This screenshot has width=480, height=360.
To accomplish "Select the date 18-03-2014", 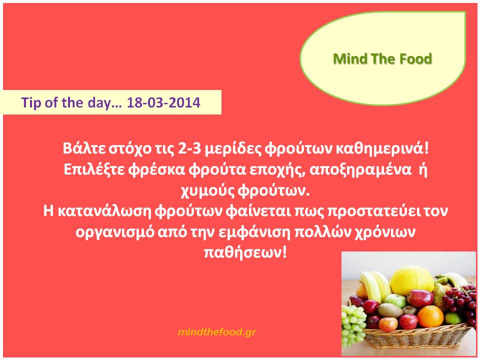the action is (163, 102).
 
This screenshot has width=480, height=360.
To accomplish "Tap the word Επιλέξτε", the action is (94, 169).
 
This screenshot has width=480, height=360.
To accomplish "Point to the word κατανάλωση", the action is (104, 211).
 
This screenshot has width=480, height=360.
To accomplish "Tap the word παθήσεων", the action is (245, 253).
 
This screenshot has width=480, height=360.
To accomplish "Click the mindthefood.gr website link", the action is (216, 332).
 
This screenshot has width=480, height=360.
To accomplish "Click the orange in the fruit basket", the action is (430, 316).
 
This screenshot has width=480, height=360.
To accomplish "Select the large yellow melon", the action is (411, 280).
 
